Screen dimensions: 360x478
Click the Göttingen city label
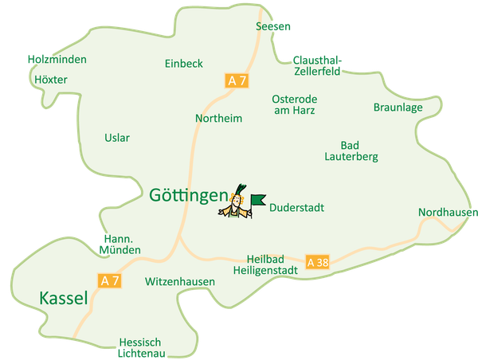point(188,194)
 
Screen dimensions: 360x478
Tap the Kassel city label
point(63,299)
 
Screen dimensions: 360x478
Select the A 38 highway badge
point(316,262)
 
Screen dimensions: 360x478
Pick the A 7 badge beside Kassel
point(111,280)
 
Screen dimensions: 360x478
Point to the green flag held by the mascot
point(257,200)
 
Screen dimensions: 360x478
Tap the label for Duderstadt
point(296,208)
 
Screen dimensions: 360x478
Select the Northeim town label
point(218,118)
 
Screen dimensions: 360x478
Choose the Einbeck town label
point(184,64)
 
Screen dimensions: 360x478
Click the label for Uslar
point(117,138)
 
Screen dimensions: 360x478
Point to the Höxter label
point(51,80)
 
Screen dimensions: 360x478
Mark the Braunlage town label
point(398,108)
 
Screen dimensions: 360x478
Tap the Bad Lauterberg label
point(351,151)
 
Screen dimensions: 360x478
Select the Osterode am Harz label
point(295,104)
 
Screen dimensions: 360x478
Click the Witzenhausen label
point(180,282)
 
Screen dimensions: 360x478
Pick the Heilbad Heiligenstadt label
point(265,265)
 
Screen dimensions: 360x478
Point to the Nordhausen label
point(447,213)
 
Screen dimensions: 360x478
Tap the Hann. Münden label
point(121,245)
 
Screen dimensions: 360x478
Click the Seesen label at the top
point(274,25)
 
